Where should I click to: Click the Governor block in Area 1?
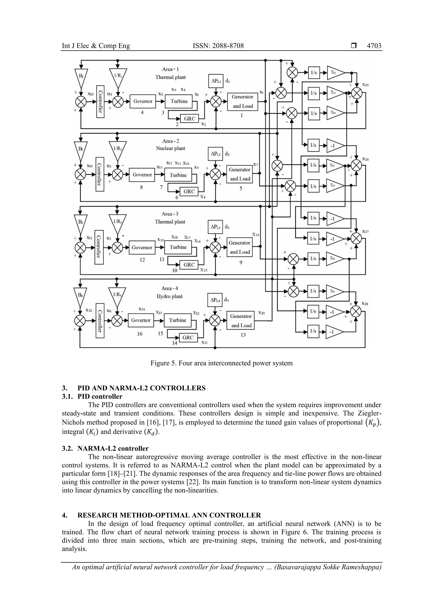[143, 101]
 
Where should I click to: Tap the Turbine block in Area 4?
[177, 320]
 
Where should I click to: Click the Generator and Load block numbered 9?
[240, 247]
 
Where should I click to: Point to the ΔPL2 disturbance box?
[216, 154]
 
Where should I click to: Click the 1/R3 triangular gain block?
[117, 222]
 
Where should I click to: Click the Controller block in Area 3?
[99, 247]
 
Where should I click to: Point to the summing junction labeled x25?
[357, 93]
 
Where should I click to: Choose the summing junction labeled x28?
[356, 311]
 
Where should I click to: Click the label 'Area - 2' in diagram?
[170, 141]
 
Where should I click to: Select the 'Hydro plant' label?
[169, 296]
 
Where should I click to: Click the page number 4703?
[374, 46]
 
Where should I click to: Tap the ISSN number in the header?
[218, 46]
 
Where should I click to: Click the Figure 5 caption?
[221, 363]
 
